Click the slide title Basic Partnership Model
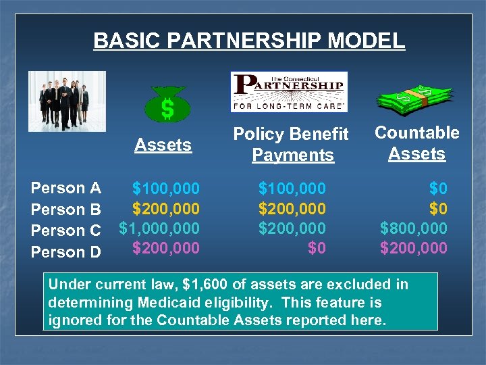point(249,41)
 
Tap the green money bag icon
point(167,105)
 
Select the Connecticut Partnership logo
point(289,91)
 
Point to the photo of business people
point(67,101)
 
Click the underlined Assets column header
point(163,145)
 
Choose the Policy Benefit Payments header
point(291,144)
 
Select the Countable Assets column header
point(416,143)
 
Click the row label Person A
point(66,188)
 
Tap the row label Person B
point(66,209)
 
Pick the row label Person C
point(66,230)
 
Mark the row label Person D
point(66,252)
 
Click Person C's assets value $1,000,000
point(159,228)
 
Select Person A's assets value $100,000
point(165,187)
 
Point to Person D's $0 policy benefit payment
point(317,248)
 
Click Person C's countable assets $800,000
point(413,228)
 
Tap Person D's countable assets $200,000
point(413,248)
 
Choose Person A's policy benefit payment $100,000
point(292,187)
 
